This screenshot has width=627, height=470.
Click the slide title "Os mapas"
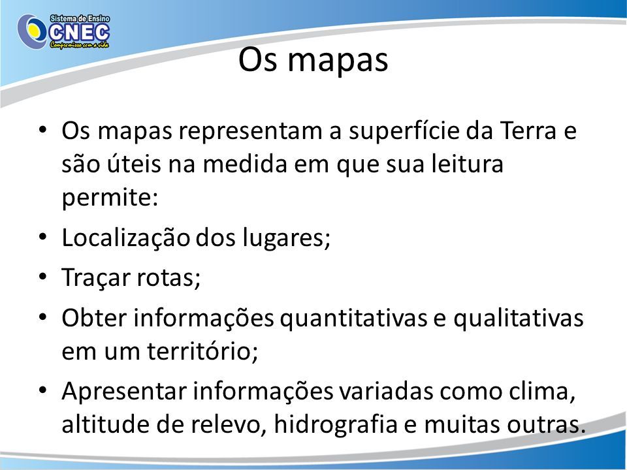[x=313, y=60]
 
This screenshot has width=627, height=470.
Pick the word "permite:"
[x=110, y=197]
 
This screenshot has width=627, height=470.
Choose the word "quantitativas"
[x=353, y=318]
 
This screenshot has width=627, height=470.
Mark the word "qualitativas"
[x=518, y=318]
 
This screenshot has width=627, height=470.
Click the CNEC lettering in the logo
[x=78, y=33]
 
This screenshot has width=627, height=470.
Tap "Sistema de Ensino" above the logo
[x=80, y=18]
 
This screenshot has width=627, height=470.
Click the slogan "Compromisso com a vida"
[x=79, y=45]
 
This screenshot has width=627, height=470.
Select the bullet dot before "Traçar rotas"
[x=43, y=276]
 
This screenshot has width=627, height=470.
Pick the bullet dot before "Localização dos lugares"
[x=43, y=236]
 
